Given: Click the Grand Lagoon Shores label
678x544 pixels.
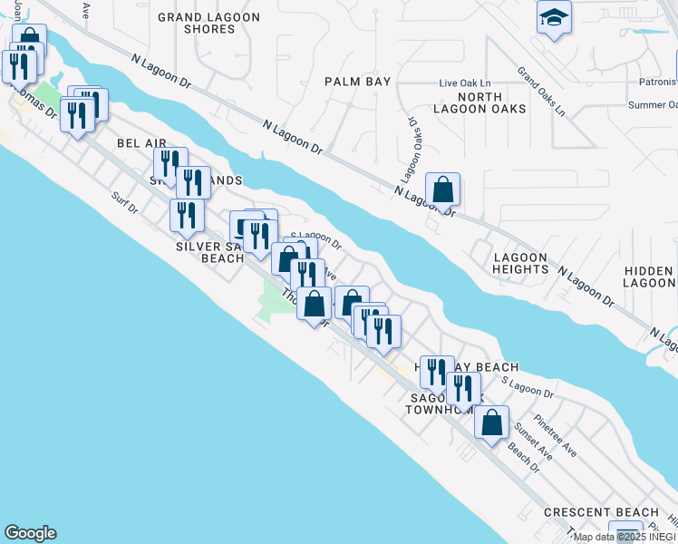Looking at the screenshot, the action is [x=208, y=23].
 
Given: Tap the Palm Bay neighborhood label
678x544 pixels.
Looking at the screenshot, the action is [x=358, y=82].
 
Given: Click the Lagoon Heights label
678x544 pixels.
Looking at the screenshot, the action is [x=520, y=263].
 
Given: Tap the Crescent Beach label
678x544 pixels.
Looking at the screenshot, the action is [x=593, y=512].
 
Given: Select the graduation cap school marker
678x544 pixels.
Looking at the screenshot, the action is [x=554, y=18].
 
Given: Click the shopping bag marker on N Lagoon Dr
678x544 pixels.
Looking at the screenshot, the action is [x=442, y=190].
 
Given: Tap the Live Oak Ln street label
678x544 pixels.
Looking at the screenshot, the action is [x=463, y=83].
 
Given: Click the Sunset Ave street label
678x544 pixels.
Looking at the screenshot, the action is [x=532, y=440].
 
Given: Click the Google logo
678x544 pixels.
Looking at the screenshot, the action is [x=30, y=533].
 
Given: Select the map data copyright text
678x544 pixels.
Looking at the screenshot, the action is [x=625, y=537].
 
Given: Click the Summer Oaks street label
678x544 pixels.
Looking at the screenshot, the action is [x=652, y=105].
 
